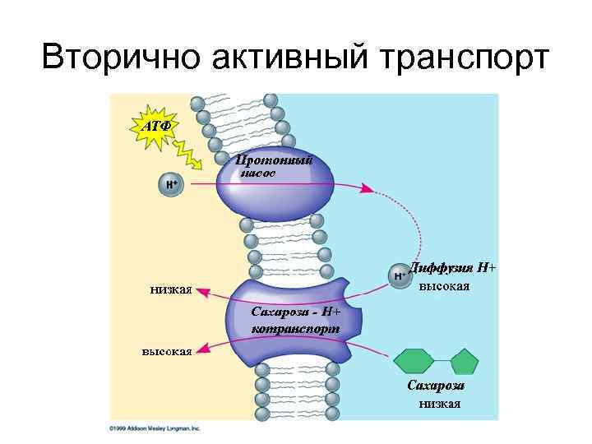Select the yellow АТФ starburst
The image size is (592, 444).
coord(156,127)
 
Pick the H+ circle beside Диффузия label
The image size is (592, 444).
coord(400,275)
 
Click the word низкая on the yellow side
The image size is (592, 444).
coord(171,288)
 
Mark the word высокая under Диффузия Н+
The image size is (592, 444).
coord(444,287)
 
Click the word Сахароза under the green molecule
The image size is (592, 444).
coord(436,386)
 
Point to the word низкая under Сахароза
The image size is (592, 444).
coord(439,403)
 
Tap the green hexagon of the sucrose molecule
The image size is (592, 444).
coord(414,362)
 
